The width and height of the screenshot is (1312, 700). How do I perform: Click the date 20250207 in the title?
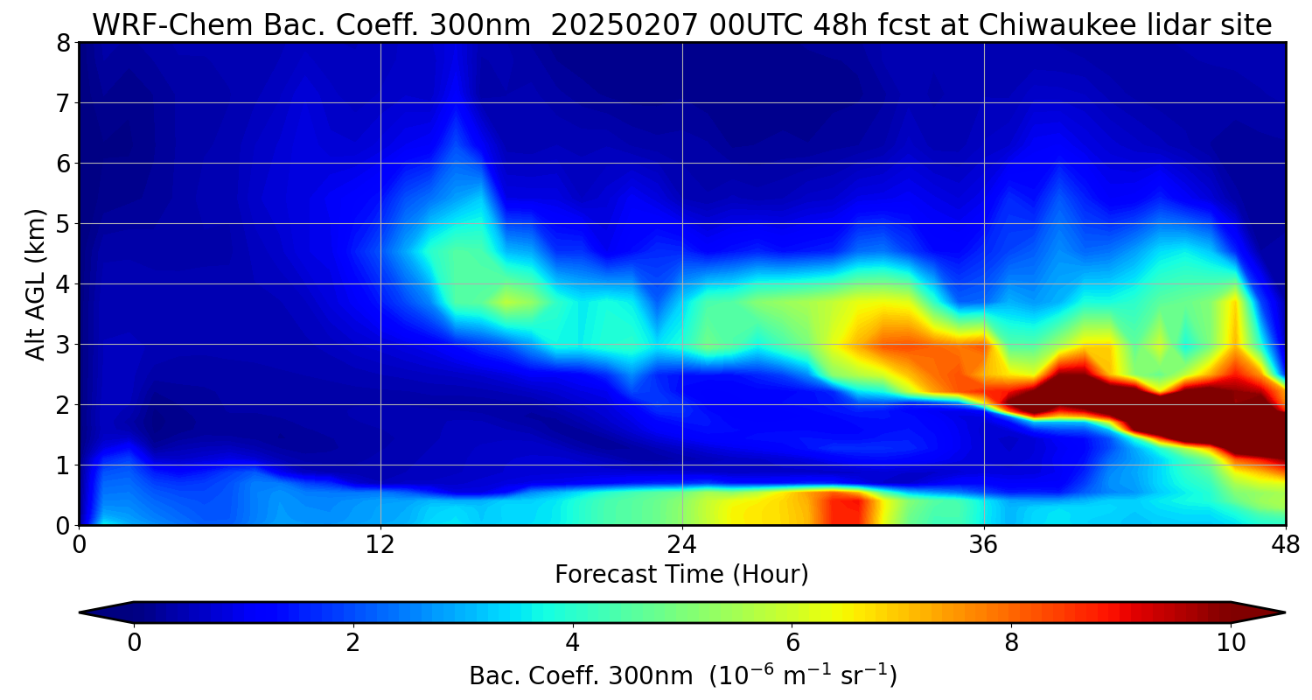click(625, 25)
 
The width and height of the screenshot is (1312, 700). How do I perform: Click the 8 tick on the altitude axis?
click(64, 43)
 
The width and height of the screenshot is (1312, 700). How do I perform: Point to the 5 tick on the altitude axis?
click(64, 224)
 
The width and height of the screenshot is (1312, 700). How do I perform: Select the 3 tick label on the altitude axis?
click(64, 345)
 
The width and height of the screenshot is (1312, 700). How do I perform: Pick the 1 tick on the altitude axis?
click(64, 465)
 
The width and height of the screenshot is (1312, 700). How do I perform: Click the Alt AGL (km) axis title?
click(36, 283)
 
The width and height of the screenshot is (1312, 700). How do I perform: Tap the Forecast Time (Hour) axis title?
click(681, 575)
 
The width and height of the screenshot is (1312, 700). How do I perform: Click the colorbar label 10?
click(1231, 643)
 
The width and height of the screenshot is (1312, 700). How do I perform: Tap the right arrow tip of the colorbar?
click(1282, 612)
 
